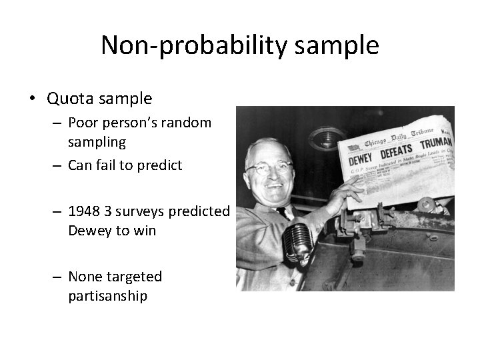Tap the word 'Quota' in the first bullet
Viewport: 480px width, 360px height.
click(69, 99)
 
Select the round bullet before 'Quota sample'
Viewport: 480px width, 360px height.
click(31, 99)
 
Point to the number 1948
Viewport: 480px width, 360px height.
click(85, 211)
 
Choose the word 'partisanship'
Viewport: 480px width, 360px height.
click(107, 295)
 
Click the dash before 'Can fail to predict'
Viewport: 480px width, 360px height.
click(59, 165)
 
